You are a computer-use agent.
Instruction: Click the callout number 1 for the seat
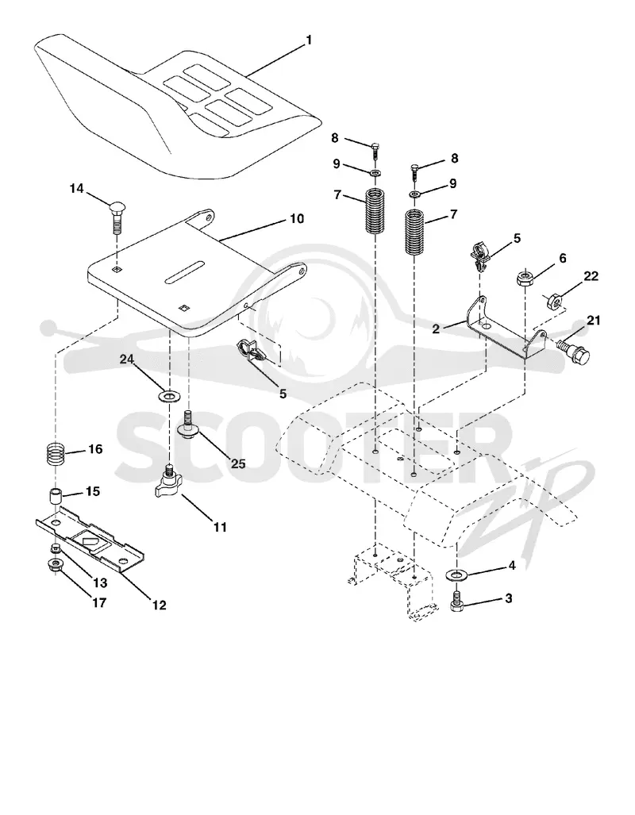point(309,40)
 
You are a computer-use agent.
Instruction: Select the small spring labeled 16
point(56,454)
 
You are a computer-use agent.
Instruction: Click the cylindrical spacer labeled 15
point(56,496)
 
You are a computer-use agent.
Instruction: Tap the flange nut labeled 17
point(55,565)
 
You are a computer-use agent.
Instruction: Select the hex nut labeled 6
point(525,278)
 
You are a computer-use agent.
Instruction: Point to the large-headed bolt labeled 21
point(573,350)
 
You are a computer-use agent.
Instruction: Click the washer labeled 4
point(456,575)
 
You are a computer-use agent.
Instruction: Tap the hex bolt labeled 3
point(456,602)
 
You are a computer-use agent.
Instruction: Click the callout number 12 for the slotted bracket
point(159,605)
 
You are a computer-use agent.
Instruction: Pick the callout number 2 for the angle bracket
point(436,329)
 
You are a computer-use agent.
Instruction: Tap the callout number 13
point(100,582)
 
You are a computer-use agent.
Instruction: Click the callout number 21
point(593,320)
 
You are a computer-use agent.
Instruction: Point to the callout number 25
point(238,463)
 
